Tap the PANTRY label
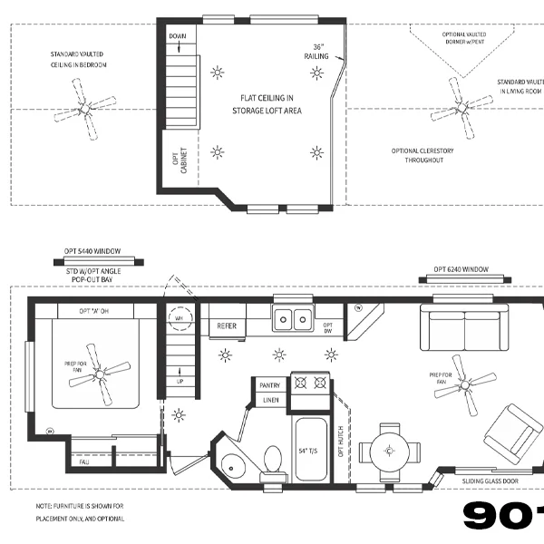click(x=270, y=384)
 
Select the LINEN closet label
click(x=270, y=400)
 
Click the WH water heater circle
click(x=179, y=319)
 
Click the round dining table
click(x=389, y=450)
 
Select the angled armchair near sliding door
click(x=513, y=433)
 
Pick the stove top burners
click(x=308, y=383)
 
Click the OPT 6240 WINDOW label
click(x=461, y=269)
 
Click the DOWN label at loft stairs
click(x=178, y=36)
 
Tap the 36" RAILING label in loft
click(x=316, y=52)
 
